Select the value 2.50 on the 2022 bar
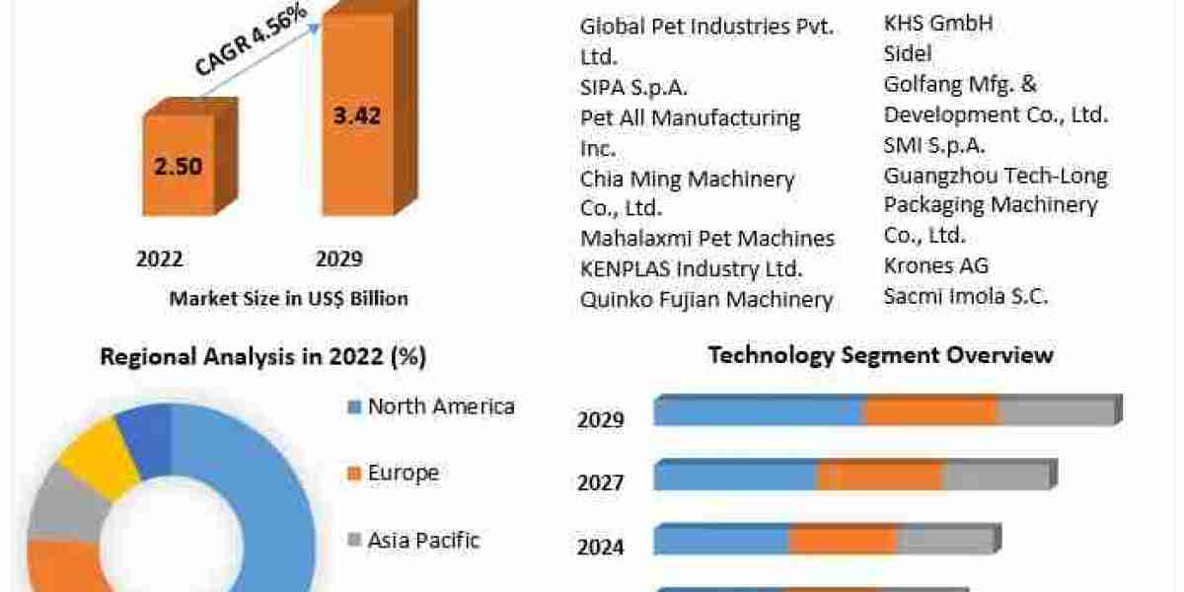point(178,165)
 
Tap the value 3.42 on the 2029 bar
point(356,114)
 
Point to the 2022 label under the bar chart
point(159,259)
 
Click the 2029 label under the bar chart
point(338,259)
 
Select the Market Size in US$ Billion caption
point(288,298)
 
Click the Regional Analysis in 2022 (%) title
point(262,357)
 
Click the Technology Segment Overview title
point(880,355)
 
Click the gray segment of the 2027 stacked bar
point(996,477)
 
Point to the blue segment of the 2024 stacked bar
point(721,541)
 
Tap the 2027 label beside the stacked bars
point(600,482)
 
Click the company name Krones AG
point(935,265)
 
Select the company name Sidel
point(908,53)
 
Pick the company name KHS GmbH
point(937,24)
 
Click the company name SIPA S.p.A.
point(633,87)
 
